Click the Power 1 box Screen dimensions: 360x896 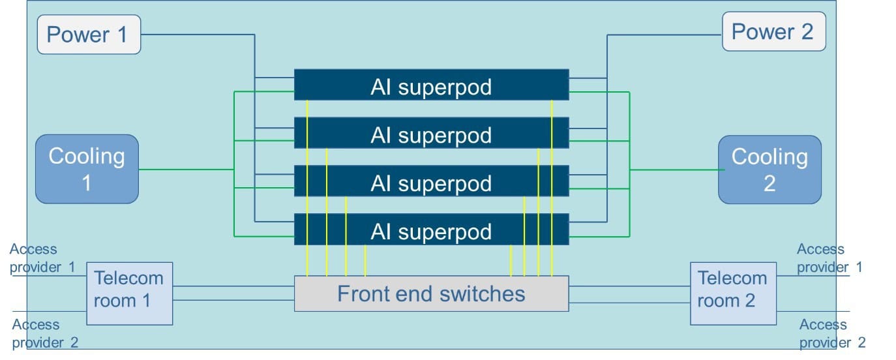point(89,35)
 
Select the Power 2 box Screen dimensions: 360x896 point(773,32)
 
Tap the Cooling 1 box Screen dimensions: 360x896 point(87,170)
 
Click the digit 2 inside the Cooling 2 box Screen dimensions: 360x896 point(769,184)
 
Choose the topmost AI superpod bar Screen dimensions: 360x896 point(431,85)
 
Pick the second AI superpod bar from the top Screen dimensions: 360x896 point(431,134)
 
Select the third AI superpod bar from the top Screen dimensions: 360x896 point(431,182)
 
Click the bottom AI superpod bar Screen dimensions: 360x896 point(431,230)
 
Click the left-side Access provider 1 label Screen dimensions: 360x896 point(42,258)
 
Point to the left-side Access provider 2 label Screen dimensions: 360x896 point(45,333)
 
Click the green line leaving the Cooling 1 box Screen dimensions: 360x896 point(186,170)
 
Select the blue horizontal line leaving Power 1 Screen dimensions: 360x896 point(196,35)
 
